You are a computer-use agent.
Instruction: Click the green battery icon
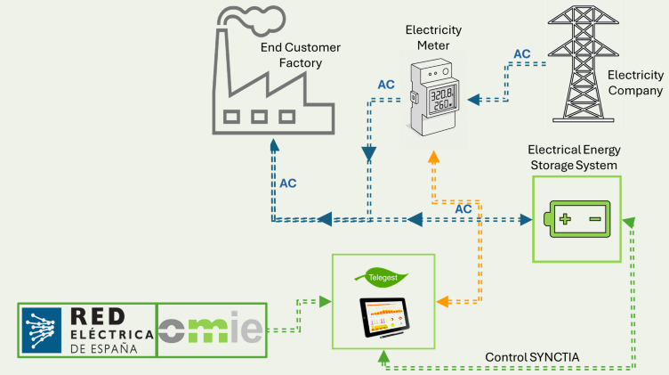[x=576, y=218]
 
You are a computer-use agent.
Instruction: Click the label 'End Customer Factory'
[x=291, y=54]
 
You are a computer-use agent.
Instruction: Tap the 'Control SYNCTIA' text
[x=532, y=357]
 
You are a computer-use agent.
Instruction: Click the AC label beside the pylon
[x=522, y=54]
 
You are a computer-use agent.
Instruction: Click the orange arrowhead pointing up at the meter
[x=434, y=157]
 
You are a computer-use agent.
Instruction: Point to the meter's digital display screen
[x=442, y=101]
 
